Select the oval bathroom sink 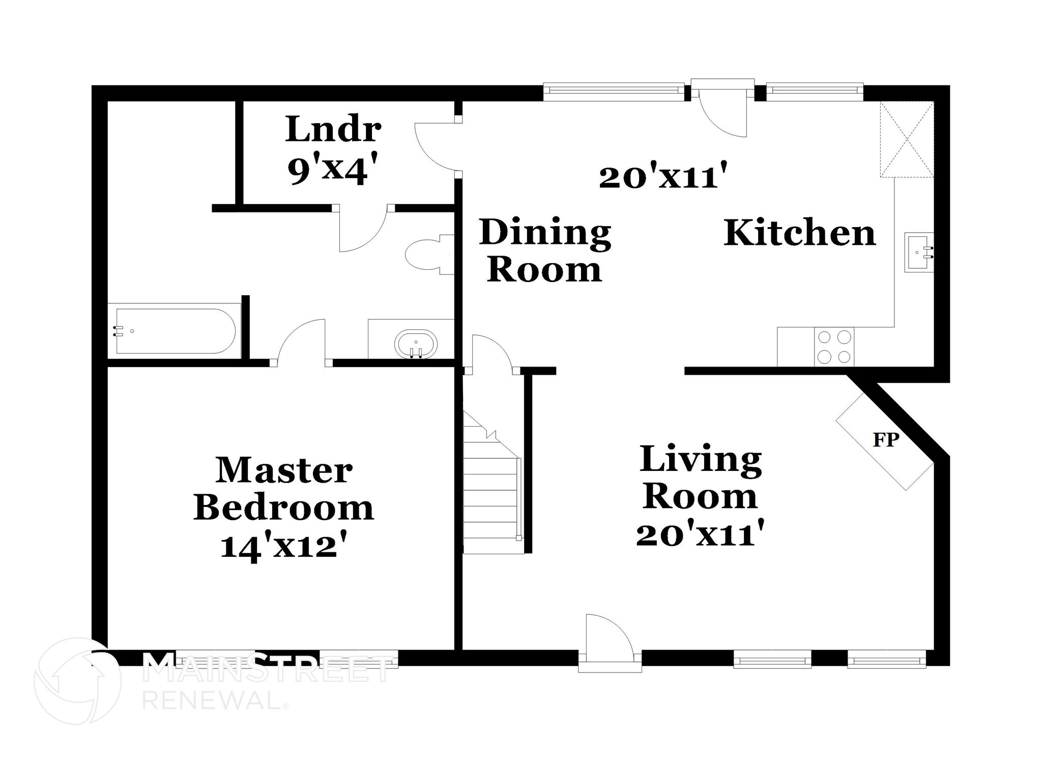(416, 344)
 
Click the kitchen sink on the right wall (919, 252)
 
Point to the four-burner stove (834, 347)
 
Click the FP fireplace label (886, 440)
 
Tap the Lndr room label (333, 129)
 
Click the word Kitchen (799, 233)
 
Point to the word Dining (545, 233)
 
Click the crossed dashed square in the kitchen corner (907, 139)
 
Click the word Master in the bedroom (283, 470)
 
